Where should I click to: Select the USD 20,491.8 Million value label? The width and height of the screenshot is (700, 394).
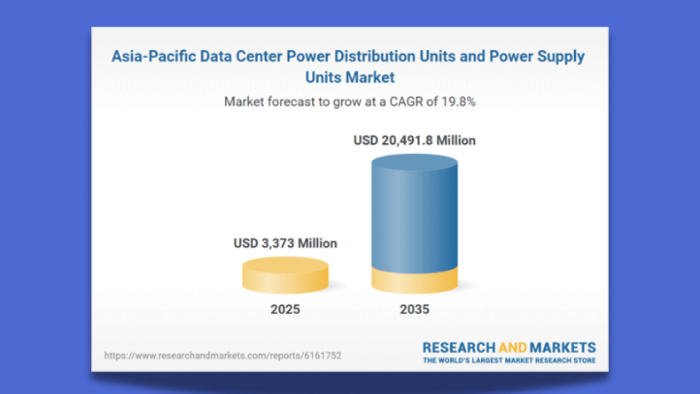point(415,141)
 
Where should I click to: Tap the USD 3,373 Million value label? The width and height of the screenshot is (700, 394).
point(285,243)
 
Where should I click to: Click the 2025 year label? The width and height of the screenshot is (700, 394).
point(285,310)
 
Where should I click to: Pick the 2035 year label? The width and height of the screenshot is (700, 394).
point(415,310)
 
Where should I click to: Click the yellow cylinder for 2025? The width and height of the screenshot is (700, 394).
point(285,276)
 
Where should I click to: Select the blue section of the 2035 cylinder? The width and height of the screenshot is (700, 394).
point(415,219)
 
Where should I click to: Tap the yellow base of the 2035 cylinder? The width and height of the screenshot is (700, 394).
point(415,281)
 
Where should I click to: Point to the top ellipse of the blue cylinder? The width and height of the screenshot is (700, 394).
point(415,162)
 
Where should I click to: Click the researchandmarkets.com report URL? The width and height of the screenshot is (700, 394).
point(223,356)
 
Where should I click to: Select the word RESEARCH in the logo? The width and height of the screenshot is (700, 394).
point(458,347)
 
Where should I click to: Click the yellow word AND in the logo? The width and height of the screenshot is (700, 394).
point(512,347)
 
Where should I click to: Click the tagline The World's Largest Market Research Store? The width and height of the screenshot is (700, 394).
point(509,360)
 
